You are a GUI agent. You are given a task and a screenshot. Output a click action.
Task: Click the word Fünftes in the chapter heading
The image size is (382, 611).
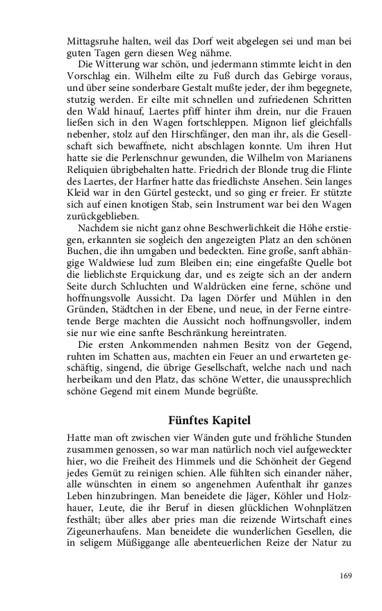pyautogui.click(x=190, y=420)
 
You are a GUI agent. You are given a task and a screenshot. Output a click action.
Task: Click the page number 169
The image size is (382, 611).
pyautogui.click(x=345, y=575)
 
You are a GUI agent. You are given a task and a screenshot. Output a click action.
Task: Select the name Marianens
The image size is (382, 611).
pyautogui.click(x=327, y=159)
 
